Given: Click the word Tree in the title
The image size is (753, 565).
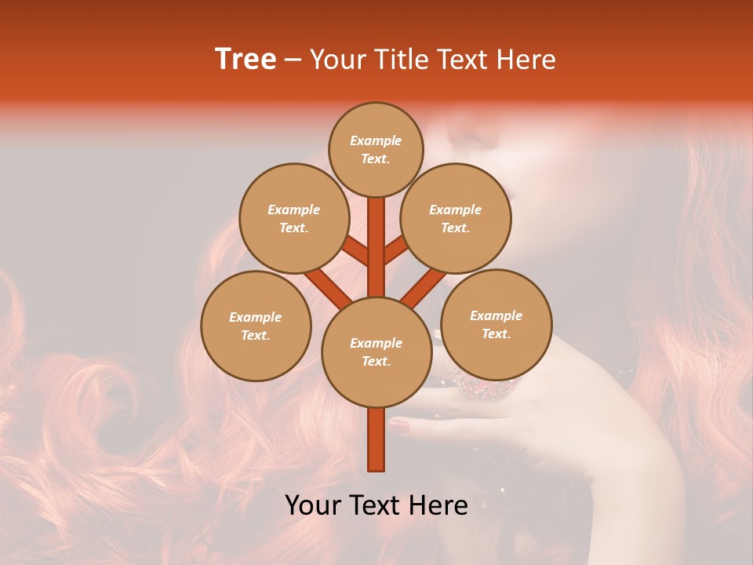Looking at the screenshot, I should click(x=246, y=60).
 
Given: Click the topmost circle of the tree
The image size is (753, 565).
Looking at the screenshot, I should click(x=376, y=149).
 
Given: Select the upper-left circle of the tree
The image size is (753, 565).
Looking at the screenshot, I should click(x=293, y=218).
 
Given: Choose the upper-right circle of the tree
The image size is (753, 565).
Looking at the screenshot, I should click(x=455, y=218).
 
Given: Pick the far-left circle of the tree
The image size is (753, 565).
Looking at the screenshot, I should click(x=255, y=326).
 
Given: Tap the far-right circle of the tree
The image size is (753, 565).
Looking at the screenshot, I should click(x=496, y=324).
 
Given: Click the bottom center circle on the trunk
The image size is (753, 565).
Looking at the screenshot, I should click(x=376, y=352).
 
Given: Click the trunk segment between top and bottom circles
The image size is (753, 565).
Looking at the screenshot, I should click(x=376, y=247).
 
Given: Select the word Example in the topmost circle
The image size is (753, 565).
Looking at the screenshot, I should click(x=376, y=140).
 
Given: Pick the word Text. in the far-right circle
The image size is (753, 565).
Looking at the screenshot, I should click(x=496, y=334).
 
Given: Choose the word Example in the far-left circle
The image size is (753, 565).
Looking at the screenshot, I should click(x=255, y=317).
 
